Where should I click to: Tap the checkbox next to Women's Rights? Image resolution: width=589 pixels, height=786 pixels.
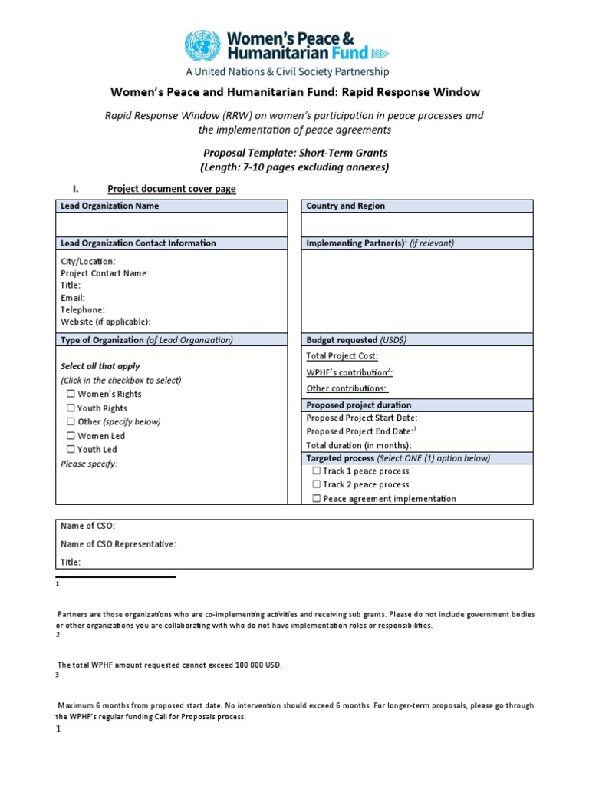pyautogui.click(x=71, y=395)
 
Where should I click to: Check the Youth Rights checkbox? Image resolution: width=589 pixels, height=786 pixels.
pyautogui.click(x=71, y=408)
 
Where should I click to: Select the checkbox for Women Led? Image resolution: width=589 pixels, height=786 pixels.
pyautogui.click(x=71, y=436)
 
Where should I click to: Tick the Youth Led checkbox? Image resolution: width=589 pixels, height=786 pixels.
pyautogui.click(x=71, y=450)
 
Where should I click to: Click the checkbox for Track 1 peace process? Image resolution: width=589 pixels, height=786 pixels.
pyautogui.click(x=316, y=471)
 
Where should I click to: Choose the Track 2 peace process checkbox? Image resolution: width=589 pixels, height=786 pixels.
pyautogui.click(x=316, y=485)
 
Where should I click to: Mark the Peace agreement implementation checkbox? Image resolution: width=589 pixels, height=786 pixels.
pyautogui.click(x=316, y=499)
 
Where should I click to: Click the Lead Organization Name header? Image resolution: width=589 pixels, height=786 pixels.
pyautogui.click(x=110, y=206)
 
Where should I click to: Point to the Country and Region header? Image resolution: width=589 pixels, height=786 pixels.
pyautogui.click(x=345, y=206)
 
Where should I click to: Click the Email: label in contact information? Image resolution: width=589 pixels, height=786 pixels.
pyautogui.click(x=73, y=298)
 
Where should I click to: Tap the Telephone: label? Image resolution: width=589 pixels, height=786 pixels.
pyautogui.click(x=83, y=310)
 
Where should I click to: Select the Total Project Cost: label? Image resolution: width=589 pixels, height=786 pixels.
pyautogui.click(x=342, y=356)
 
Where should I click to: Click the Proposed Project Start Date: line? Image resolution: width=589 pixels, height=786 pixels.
pyautogui.click(x=361, y=418)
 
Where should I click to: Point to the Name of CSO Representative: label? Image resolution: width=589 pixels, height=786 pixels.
pyautogui.click(x=118, y=544)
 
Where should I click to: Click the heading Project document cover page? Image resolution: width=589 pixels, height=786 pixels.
pyautogui.click(x=172, y=189)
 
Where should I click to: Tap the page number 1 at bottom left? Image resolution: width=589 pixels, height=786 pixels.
pyautogui.click(x=58, y=730)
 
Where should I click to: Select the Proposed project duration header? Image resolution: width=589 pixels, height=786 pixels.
pyautogui.click(x=358, y=405)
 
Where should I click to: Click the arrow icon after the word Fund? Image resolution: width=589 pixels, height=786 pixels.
pyautogui.click(x=380, y=54)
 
